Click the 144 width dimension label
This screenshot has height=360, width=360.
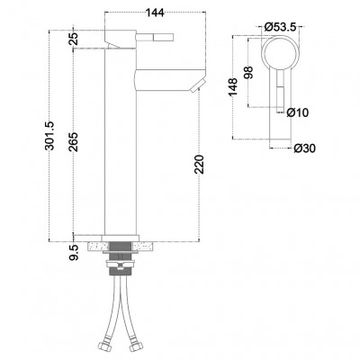(x=155, y=13)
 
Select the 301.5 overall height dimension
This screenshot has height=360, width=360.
(x=49, y=136)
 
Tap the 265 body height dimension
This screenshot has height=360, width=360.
(x=74, y=141)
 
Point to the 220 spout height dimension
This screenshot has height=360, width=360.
(x=200, y=165)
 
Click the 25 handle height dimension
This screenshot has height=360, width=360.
(x=74, y=39)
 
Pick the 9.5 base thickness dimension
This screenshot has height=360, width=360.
(x=74, y=251)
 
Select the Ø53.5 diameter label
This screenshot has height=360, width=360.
(x=280, y=27)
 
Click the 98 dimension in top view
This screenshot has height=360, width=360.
(x=248, y=72)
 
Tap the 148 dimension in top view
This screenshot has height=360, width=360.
(x=233, y=87)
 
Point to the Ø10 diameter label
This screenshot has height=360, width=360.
(x=297, y=113)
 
